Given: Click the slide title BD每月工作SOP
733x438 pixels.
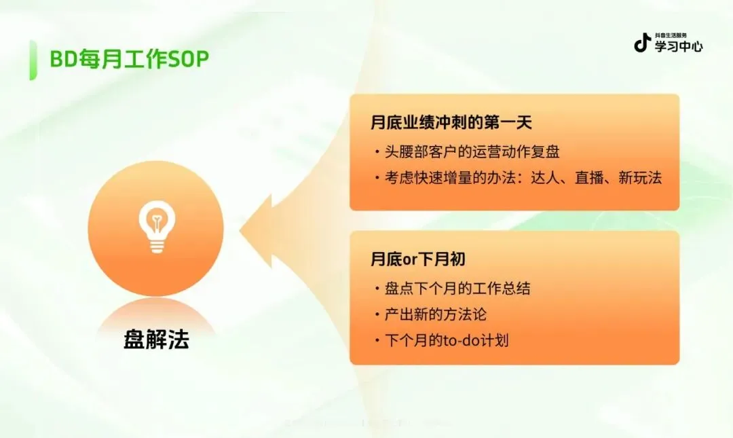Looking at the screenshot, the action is coord(130,59).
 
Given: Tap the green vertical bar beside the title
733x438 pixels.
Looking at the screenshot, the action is coord(33,60).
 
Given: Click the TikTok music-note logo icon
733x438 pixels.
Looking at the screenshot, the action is coord(642,43).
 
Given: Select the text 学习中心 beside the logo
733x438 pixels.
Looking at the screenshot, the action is coord(678,46).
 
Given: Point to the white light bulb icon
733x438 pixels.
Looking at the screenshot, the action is coord(157,227).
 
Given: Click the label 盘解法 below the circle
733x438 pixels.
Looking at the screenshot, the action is coord(156,340).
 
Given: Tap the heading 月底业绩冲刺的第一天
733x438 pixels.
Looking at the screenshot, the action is coord(451,122).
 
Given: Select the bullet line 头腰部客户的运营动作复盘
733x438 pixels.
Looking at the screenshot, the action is coord(472,151).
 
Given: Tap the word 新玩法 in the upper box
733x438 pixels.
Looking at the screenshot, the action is coord(640,178).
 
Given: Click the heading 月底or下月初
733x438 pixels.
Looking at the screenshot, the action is coord(417,259).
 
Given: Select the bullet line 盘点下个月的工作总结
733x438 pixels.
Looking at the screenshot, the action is coord(457,288).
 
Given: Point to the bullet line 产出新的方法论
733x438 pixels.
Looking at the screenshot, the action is coord(435,314).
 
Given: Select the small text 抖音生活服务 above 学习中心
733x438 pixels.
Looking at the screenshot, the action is coord(671,35).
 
